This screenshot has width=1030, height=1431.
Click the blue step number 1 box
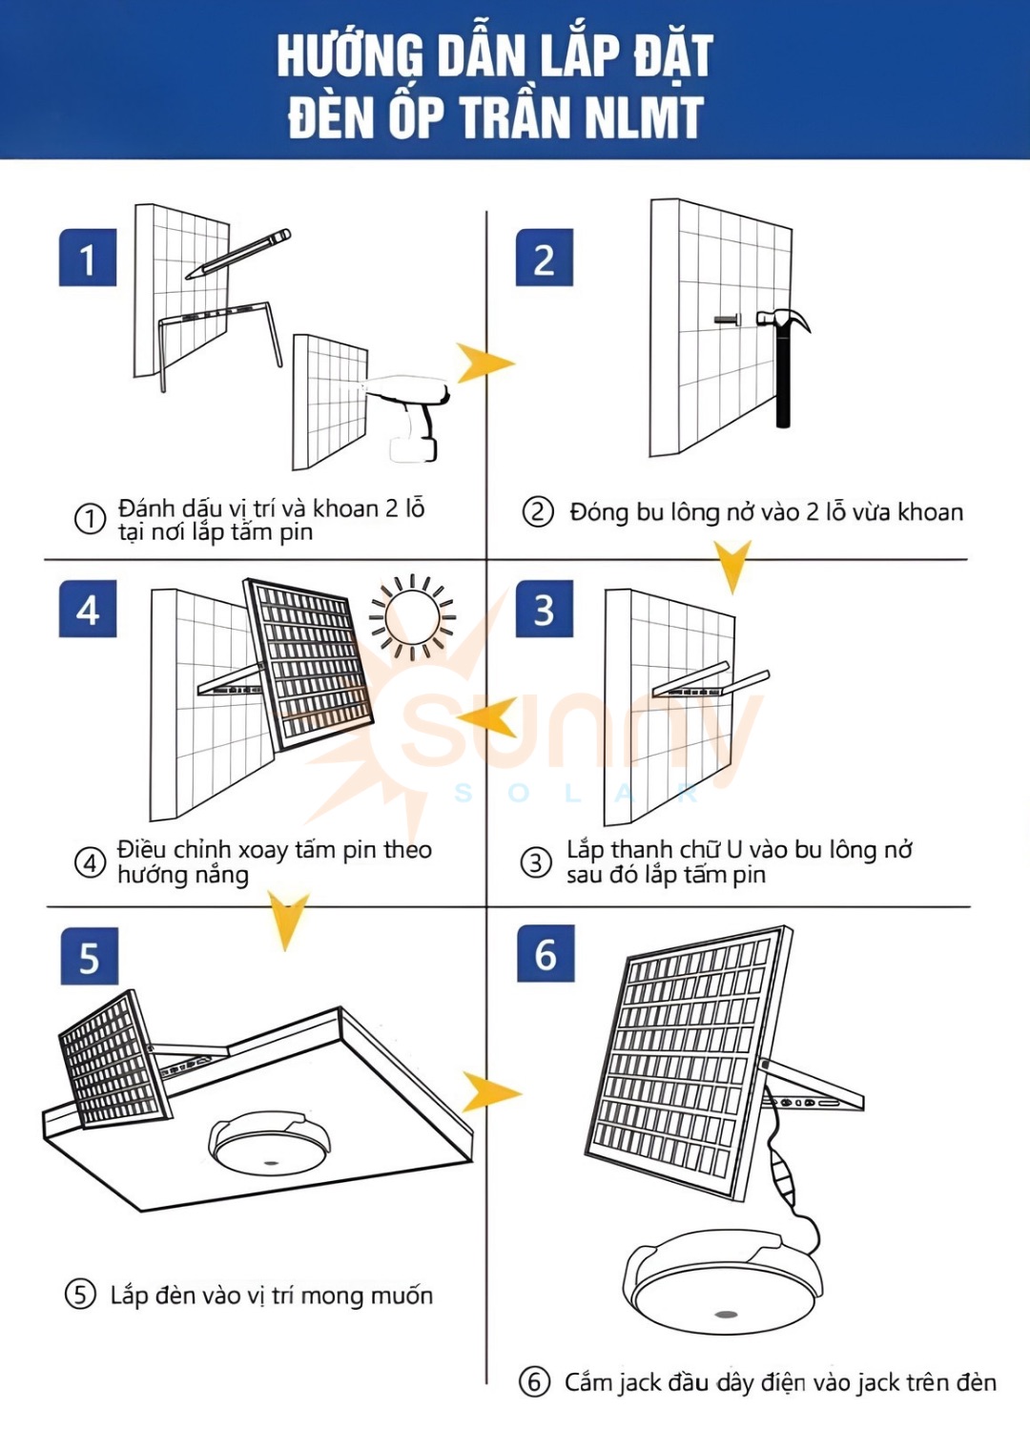point(88,258)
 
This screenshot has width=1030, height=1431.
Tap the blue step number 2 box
point(544,258)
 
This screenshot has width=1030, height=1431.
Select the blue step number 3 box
point(544,609)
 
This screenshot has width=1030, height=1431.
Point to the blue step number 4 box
point(88,609)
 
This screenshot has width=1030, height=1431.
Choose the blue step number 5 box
point(89,956)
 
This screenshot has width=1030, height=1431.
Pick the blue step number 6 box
point(546,953)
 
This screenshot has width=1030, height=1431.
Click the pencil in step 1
point(238,253)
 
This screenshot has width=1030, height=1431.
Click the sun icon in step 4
point(413,616)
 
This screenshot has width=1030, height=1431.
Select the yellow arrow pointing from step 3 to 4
point(488,717)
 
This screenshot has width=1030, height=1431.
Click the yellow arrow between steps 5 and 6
point(490,1091)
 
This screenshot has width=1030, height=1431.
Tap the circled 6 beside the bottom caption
point(534,1381)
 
